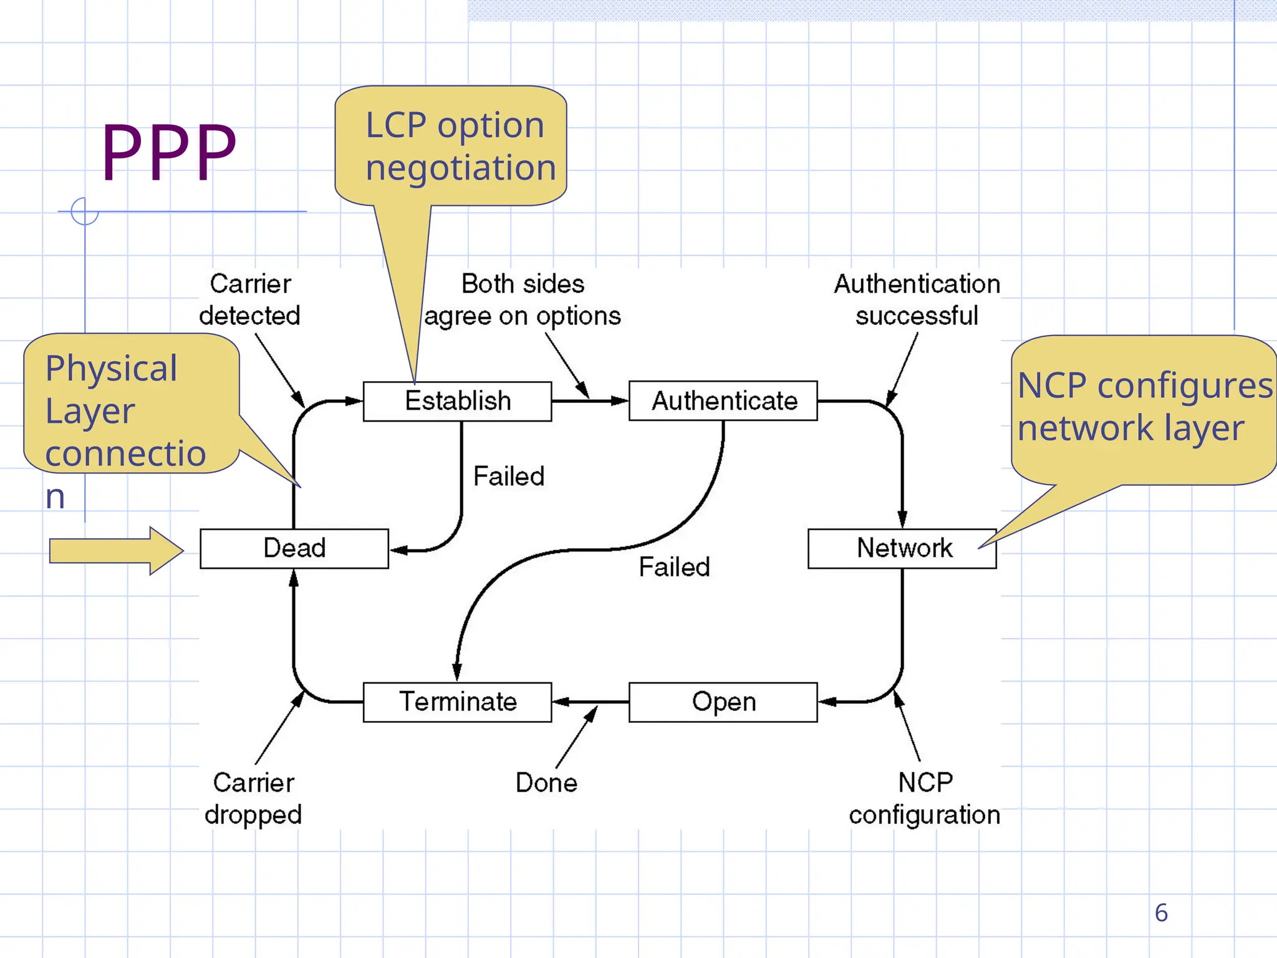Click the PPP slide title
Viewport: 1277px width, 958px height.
pyautogui.click(x=168, y=152)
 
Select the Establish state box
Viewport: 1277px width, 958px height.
pyautogui.click(x=457, y=401)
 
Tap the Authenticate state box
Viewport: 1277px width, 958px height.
pyautogui.click(x=723, y=401)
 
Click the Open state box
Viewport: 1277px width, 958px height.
pyautogui.click(x=723, y=702)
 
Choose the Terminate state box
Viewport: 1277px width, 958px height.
pyautogui.click(x=457, y=702)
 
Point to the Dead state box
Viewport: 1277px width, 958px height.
pyautogui.click(x=294, y=548)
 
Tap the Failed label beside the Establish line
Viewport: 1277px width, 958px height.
pyautogui.click(x=509, y=477)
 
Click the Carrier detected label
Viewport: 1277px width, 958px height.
pyautogui.click(x=250, y=300)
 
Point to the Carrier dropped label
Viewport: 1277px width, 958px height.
pyautogui.click(x=253, y=799)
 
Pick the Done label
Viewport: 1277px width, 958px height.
pyautogui.click(x=546, y=783)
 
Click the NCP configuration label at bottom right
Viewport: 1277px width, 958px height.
pyautogui.click(x=924, y=799)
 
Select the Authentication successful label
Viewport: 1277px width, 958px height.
pyautogui.click(x=917, y=300)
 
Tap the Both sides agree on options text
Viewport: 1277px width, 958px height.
pyautogui.click(x=523, y=300)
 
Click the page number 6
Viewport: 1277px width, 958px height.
pyautogui.click(x=1161, y=913)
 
